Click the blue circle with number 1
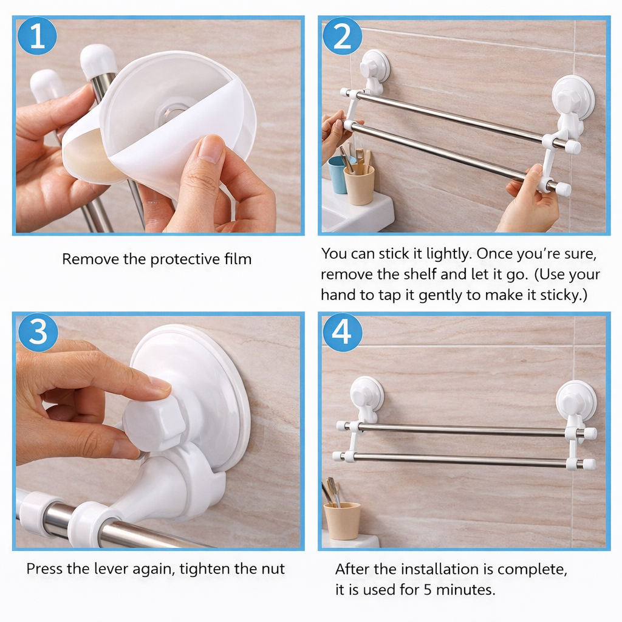pyautogui.click(x=37, y=36)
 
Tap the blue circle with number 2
pyautogui.click(x=343, y=36)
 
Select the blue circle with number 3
pyautogui.click(x=38, y=332)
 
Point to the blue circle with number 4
pyautogui.click(x=342, y=332)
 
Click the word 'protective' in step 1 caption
pyautogui.click(x=185, y=259)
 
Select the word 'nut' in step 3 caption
pyautogui.click(x=273, y=570)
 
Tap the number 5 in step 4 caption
pyautogui.click(x=427, y=590)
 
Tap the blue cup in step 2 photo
pyautogui.click(x=338, y=174)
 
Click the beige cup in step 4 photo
pyautogui.click(x=342, y=521)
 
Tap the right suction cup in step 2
pyautogui.click(x=573, y=97)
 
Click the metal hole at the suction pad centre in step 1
pyautogui.click(x=172, y=113)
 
